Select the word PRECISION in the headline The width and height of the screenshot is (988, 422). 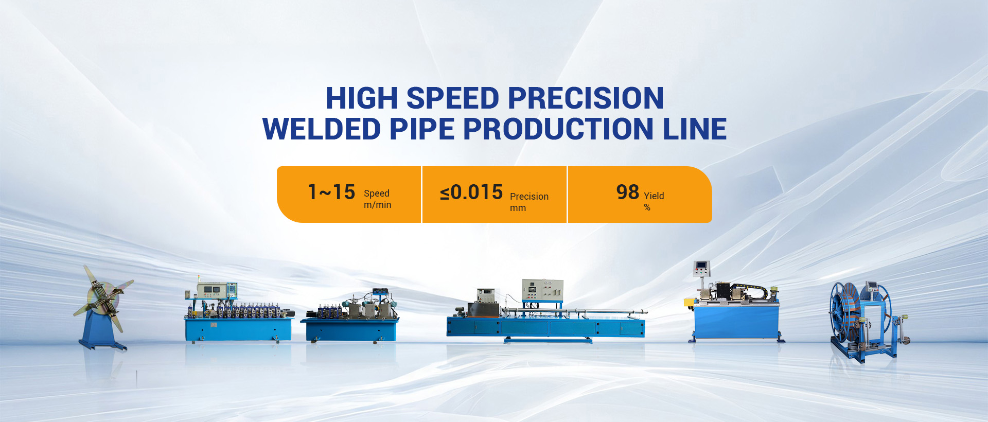coord(586,98)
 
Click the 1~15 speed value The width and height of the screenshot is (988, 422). coord(331,192)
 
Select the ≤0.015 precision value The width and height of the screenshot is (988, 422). coord(471,192)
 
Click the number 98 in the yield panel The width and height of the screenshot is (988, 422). coord(628,192)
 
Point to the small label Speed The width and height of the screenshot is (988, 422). coord(377,194)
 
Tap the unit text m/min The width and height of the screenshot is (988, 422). coord(378,205)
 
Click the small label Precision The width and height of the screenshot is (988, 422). coord(529,197)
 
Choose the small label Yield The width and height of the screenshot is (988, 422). coord(654,196)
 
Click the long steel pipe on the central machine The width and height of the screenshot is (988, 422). coord(574,311)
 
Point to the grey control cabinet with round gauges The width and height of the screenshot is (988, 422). coord(542,290)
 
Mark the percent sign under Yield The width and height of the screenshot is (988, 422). coord(647,207)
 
